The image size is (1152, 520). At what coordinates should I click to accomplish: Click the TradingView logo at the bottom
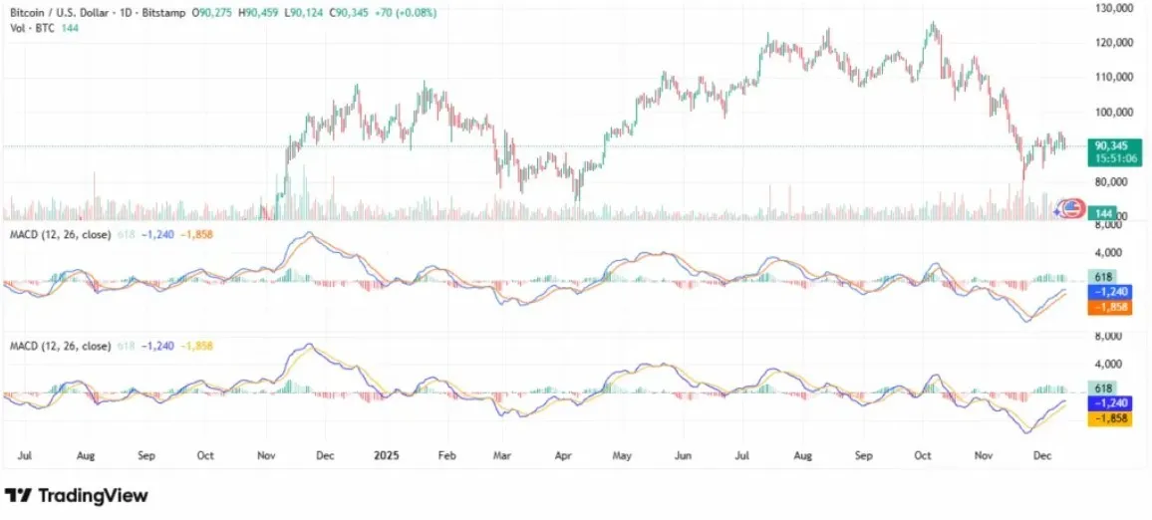[x=77, y=495]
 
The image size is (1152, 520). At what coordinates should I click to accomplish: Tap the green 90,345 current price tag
[x=1112, y=145]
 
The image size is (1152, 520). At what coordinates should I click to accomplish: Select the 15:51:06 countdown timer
[x=1113, y=158]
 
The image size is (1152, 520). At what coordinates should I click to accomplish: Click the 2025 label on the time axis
[x=386, y=455]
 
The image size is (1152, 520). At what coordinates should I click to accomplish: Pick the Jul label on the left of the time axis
[x=26, y=455]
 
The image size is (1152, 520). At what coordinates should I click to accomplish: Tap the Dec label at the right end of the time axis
[x=1044, y=455]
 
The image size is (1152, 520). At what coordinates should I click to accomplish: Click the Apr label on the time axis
[x=562, y=455]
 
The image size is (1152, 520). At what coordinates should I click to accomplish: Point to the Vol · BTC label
[x=29, y=28]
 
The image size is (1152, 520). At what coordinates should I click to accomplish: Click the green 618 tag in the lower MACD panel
[x=1104, y=388]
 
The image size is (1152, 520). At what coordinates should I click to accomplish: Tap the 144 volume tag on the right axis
[x=1103, y=213]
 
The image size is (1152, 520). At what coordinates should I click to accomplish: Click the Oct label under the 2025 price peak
[x=924, y=455]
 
